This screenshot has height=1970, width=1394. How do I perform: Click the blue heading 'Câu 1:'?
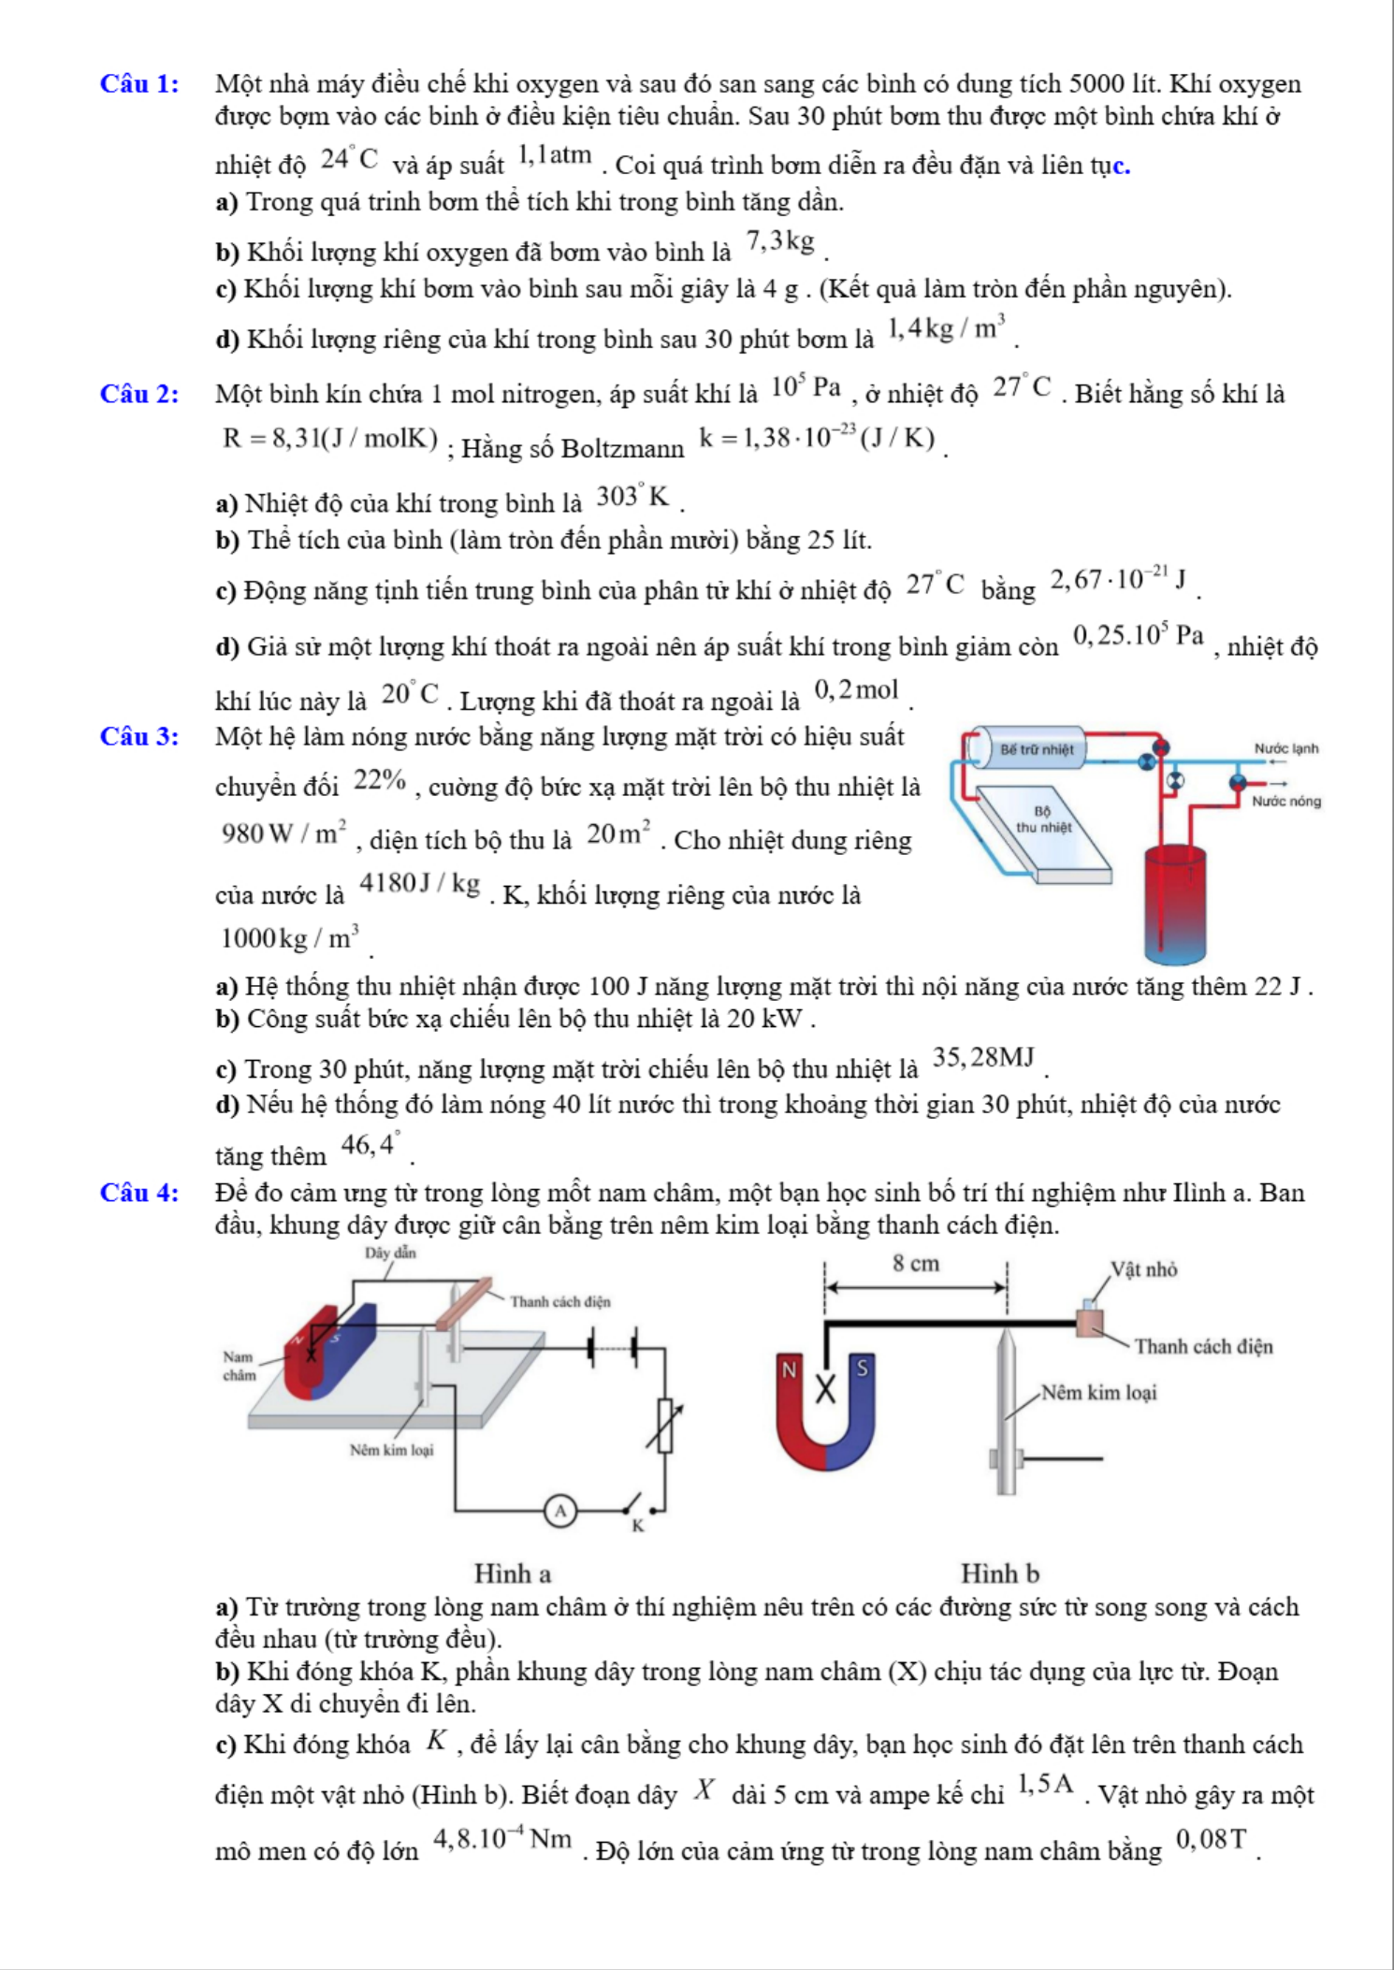[x=139, y=84]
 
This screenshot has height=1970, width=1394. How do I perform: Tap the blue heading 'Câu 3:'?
[x=139, y=737]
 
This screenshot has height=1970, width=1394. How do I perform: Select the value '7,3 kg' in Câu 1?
[x=780, y=243]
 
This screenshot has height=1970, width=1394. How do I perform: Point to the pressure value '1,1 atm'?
[x=555, y=155]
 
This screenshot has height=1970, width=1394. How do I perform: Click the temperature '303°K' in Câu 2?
[x=633, y=497]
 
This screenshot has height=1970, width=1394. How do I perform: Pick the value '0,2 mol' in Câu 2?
[x=856, y=691]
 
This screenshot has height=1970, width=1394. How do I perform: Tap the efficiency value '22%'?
[x=380, y=780]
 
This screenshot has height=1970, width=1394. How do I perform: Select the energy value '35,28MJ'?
[x=983, y=1058]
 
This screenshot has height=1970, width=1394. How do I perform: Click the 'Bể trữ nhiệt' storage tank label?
[x=1037, y=749]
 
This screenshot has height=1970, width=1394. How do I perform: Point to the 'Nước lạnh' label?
[x=1286, y=748]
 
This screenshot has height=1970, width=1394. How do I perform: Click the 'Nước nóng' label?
[x=1286, y=801]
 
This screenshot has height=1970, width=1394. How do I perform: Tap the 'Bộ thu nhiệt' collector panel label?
[x=1043, y=819]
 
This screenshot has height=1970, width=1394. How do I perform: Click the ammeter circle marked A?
[x=560, y=1511]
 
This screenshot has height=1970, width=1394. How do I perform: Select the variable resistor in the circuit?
[x=665, y=1425]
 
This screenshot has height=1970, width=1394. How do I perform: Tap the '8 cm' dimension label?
[x=915, y=1264]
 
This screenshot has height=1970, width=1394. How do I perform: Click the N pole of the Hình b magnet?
[x=790, y=1370]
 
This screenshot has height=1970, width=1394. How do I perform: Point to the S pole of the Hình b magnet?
[x=862, y=1368]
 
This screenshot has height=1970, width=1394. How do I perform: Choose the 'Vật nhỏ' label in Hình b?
[x=1143, y=1269]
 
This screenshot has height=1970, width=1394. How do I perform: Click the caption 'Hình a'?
[x=513, y=1573]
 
